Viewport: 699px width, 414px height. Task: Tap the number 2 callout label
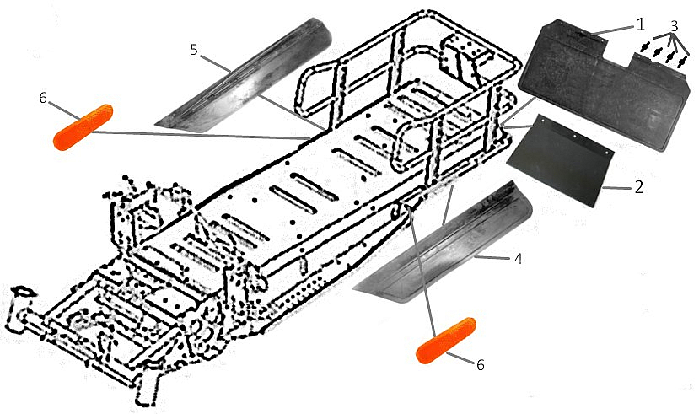(x=638, y=186)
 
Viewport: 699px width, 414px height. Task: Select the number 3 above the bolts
(x=674, y=25)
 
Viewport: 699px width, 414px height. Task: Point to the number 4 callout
(x=518, y=259)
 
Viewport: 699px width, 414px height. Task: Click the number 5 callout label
(x=194, y=51)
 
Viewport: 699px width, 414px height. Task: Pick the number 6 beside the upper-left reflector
(x=43, y=98)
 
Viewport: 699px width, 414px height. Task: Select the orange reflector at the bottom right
(x=446, y=338)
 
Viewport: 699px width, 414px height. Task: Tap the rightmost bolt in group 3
(x=681, y=62)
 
